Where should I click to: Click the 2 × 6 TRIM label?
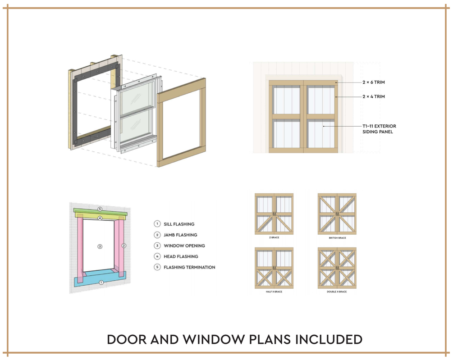click(374, 82)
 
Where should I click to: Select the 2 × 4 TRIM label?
click(374, 97)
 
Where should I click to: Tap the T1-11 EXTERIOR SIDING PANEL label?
click(380, 129)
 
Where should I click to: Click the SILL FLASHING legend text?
click(179, 224)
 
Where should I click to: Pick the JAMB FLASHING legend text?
click(180, 235)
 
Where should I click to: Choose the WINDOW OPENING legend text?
click(184, 246)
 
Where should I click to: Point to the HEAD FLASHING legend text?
click(181, 256)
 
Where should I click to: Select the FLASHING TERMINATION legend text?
click(189, 267)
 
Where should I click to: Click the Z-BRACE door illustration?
click(274, 214)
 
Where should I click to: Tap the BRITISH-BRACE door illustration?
click(337, 214)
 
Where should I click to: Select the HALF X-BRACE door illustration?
click(274, 268)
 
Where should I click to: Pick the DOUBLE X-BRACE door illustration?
click(337, 268)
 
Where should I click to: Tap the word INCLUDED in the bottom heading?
click(329, 340)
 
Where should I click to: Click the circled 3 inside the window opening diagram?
click(100, 246)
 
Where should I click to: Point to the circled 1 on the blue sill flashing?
click(101, 283)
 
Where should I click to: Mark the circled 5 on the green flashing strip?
click(100, 209)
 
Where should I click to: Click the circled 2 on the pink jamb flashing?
click(124, 246)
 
